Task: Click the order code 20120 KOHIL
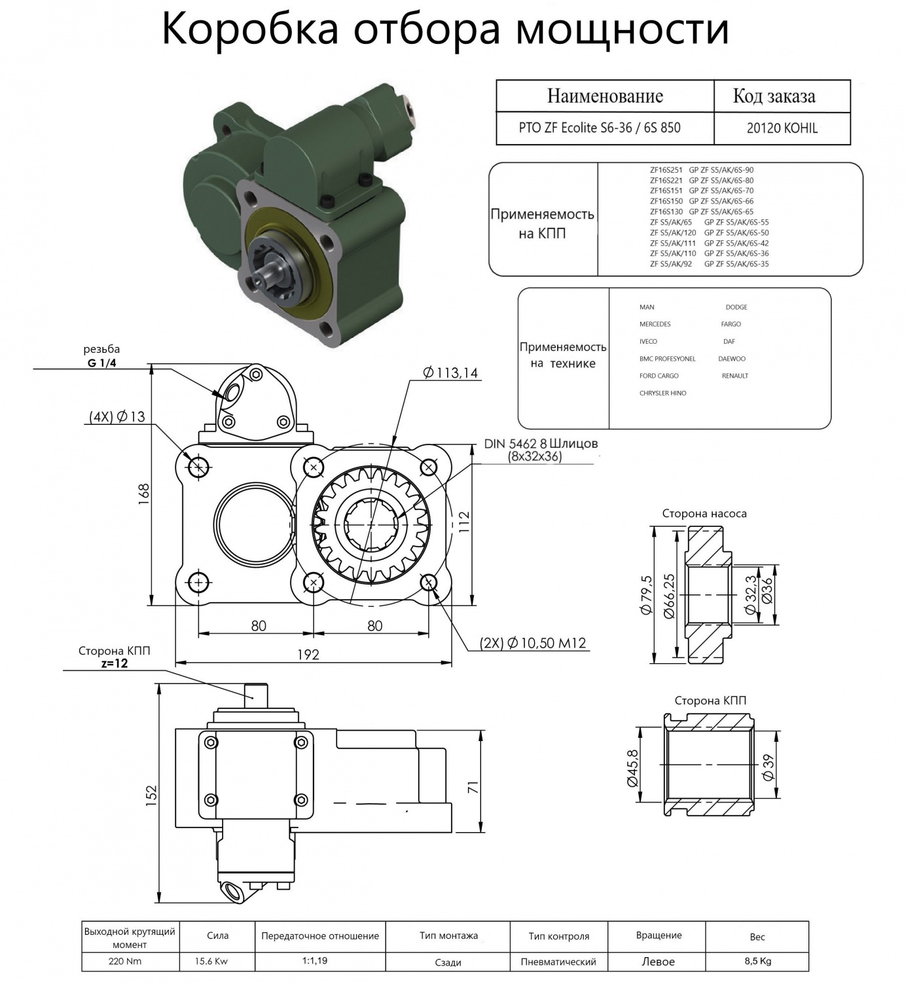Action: [782, 128]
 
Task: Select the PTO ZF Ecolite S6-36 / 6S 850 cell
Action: [600, 128]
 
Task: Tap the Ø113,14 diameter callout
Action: [450, 373]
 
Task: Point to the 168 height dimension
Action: [143, 494]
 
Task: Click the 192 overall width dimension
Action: [308, 655]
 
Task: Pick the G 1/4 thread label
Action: [102, 363]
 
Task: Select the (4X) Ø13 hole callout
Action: [117, 417]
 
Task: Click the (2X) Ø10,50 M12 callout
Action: [532, 644]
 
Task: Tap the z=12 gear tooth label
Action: [115, 664]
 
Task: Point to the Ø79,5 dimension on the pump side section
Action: [646, 595]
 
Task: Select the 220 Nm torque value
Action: [124, 961]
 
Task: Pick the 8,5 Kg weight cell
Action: [757, 961]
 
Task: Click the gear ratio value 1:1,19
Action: [314, 960]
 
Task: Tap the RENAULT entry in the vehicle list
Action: [734, 376]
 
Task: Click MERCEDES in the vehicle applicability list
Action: [655, 324]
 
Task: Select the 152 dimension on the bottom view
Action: [151, 795]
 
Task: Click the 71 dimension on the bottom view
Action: [473, 787]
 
